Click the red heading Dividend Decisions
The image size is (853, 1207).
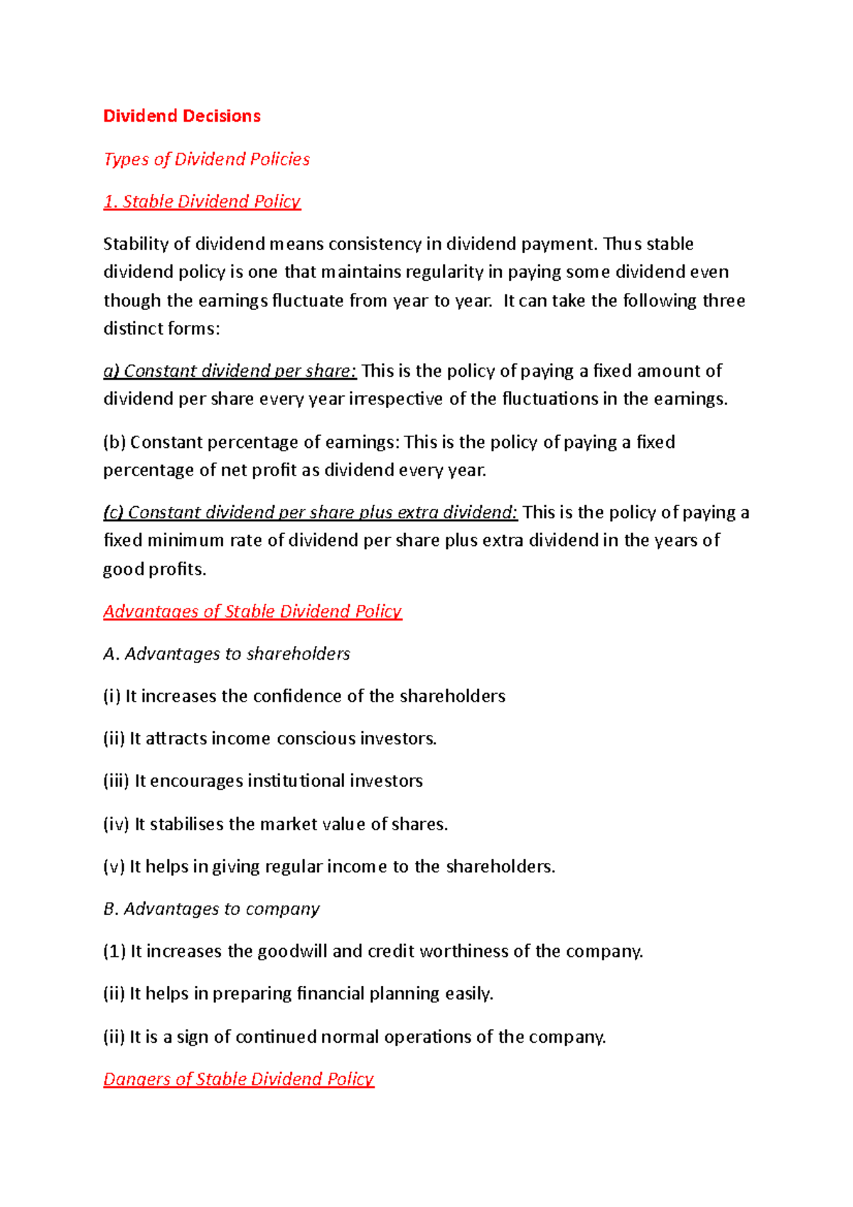[182, 116]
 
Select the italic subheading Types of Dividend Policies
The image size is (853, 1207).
[207, 159]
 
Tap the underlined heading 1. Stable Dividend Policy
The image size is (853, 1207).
[202, 201]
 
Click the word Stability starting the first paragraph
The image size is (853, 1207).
[136, 244]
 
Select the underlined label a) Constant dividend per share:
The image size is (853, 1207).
[230, 371]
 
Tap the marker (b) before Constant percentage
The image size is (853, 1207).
[114, 442]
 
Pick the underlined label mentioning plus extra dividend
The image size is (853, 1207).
[311, 513]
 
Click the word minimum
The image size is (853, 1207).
[186, 540]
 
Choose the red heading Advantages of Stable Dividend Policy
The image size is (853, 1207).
[252, 611]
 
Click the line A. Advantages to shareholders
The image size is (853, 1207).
[227, 654]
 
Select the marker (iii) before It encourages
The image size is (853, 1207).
[116, 781]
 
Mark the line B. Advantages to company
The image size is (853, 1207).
[212, 909]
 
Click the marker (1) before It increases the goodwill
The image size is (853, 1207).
[114, 951]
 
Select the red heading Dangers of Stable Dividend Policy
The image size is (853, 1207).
[239, 1079]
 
